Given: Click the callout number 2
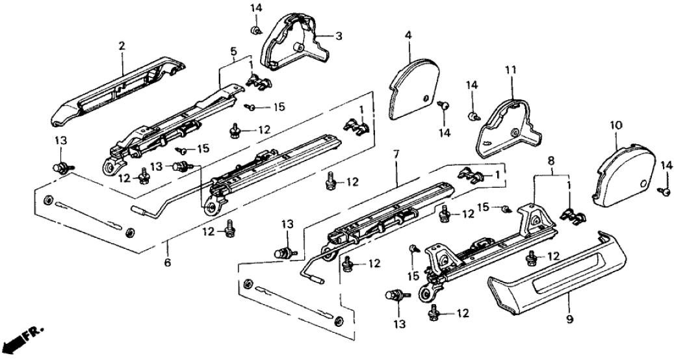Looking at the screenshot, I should point(121,45).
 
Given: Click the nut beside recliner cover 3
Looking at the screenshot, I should point(255,30).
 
